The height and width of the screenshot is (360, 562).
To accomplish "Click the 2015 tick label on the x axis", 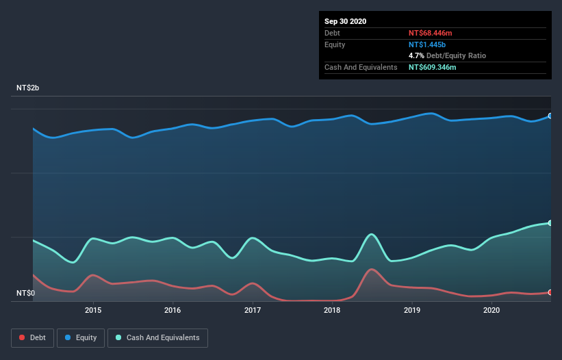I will pyautogui.click(x=93, y=310).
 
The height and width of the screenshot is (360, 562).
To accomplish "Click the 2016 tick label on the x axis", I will pyautogui.click(x=173, y=310).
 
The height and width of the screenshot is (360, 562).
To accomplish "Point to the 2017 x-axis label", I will pyautogui.click(x=253, y=310).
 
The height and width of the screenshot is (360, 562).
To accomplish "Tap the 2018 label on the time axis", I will pyautogui.click(x=332, y=310).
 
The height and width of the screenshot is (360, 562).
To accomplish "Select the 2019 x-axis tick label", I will pyautogui.click(x=412, y=310).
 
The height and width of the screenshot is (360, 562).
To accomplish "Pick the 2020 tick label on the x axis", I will pyautogui.click(x=491, y=310).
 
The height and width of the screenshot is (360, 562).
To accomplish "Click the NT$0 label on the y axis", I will pyautogui.click(x=25, y=294).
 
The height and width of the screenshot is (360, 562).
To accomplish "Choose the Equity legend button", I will pyautogui.click(x=81, y=337).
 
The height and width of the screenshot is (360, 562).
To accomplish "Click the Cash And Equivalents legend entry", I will pyautogui.click(x=157, y=337).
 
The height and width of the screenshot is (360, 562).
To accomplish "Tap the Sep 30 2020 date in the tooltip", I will pyautogui.click(x=346, y=21).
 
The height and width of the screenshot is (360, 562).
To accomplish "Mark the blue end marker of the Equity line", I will pyautogui.click(x=550, y=116).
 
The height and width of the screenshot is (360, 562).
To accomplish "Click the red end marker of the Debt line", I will pyautogui.click(x=550, y=292).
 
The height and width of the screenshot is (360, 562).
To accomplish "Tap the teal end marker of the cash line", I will pyautogui.click(x=550, y=223).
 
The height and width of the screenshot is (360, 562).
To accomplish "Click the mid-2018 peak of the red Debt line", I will pyautogui.click(x=372, y=269).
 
